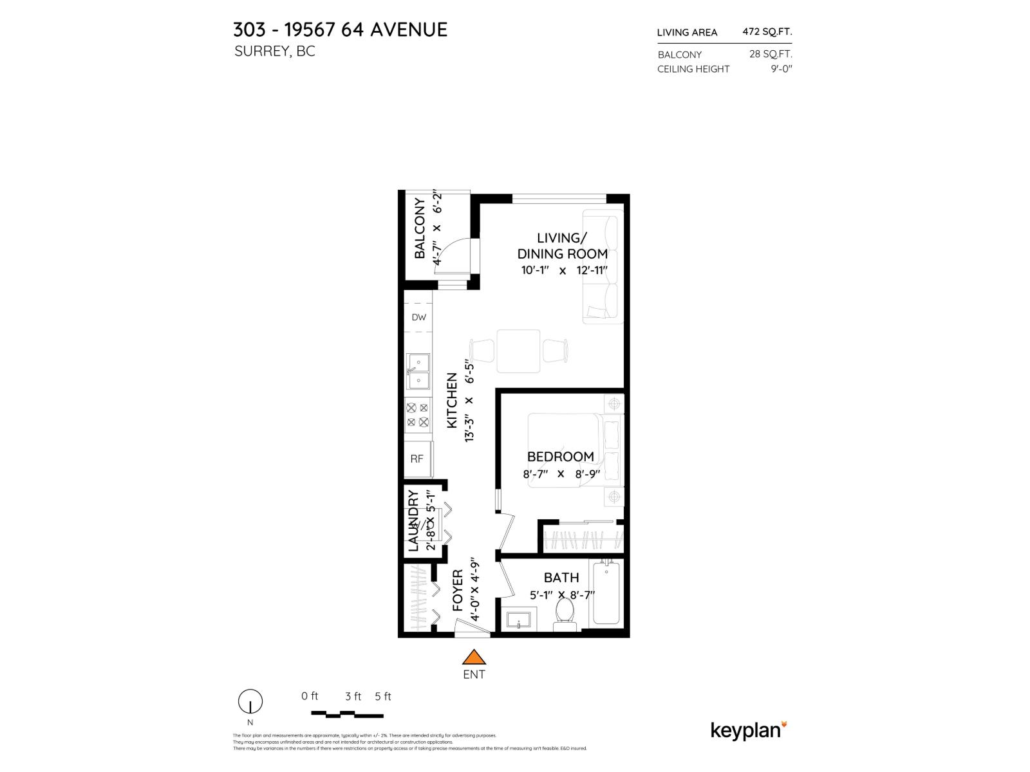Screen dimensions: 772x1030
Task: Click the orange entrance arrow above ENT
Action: coord(474,657)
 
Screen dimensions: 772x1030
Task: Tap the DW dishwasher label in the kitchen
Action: coord(419,317)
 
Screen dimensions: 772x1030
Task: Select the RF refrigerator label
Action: coord(417,459)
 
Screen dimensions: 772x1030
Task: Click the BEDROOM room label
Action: coord(560,457)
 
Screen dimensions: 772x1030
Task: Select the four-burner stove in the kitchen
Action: coord(418,415)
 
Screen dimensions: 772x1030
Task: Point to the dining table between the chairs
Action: coord(518,351)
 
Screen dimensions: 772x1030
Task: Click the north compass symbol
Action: coord(250,701)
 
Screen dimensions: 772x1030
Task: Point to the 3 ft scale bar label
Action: coord(353,696)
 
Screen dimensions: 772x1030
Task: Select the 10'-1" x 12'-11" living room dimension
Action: coord(565,271)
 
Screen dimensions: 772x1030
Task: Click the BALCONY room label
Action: coord(420,228)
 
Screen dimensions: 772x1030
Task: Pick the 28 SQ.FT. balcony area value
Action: coord(771,54)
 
